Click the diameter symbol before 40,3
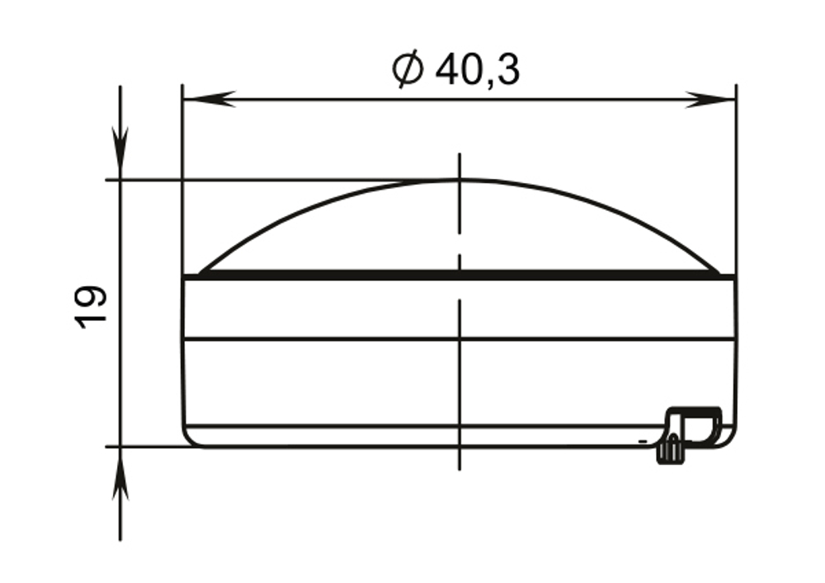point(408,69)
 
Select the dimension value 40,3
point(477,70)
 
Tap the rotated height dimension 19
point(91,307)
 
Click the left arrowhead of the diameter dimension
point(209,99)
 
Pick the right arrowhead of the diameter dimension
point(709,99)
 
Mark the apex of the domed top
point(460,181)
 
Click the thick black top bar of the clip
point(695,410)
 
